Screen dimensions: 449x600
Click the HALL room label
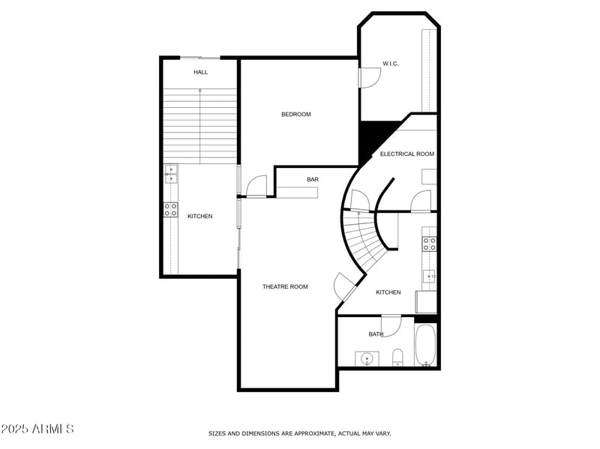[200, 72]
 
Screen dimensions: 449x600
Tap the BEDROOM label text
[295, 114]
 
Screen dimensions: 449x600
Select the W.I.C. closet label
[390, 64]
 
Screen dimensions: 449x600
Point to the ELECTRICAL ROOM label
[406, 154]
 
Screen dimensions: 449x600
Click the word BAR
[313, 180]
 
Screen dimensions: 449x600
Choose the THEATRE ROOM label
[285, 286]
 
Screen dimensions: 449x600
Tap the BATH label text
[376, 334]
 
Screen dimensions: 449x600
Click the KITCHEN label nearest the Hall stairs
[199, 216]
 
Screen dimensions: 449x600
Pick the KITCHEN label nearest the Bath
[388, 292]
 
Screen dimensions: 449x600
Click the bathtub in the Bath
[425, 346]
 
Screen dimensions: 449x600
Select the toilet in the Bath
[397, 356]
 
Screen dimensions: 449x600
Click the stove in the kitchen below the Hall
[171, 209]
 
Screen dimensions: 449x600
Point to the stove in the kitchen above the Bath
[430, 243]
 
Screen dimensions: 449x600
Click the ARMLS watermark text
[37, 429]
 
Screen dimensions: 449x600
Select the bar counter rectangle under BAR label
[296, 193]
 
